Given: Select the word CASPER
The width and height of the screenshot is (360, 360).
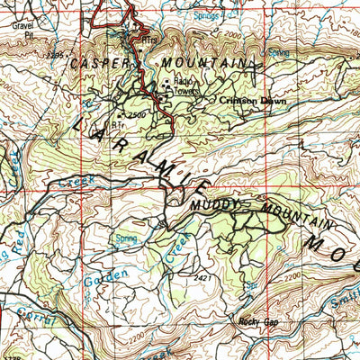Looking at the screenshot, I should (101, 64).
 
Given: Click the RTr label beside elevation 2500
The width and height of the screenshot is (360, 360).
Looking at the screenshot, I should (116, 124).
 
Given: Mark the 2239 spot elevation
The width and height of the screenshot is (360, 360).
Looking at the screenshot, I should (56, 55).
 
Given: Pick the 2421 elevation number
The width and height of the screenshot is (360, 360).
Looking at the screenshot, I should (202, 279).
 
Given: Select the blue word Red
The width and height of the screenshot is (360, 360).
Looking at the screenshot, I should (18, 242).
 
